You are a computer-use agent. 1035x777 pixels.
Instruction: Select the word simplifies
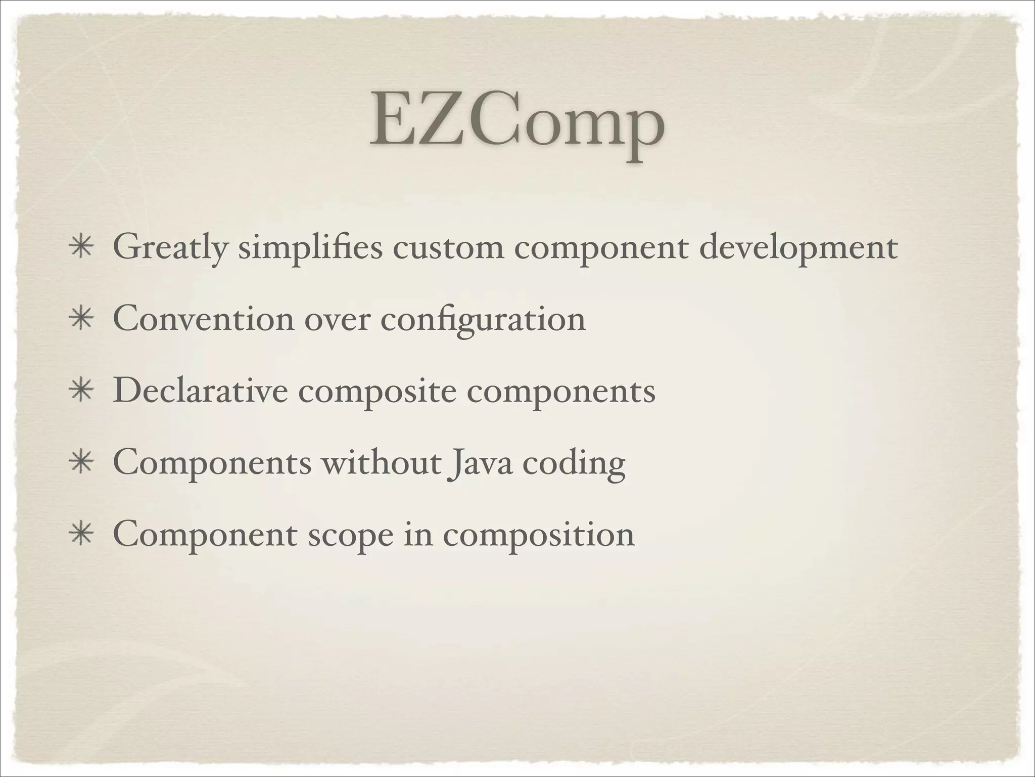[310, 249]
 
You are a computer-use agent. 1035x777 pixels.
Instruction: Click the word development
[798, 249]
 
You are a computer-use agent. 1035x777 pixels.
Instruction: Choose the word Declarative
[200, 391]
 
